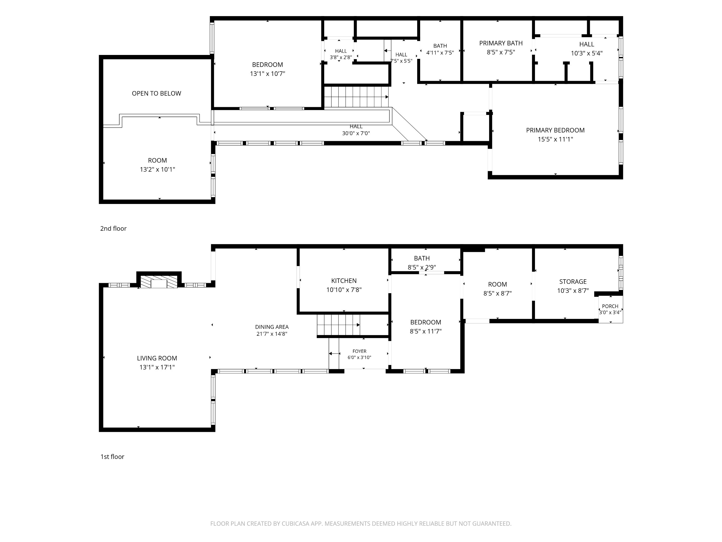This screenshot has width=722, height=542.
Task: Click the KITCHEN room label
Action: [x=344, y=281]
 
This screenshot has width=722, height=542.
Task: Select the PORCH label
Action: [x=610, y=306]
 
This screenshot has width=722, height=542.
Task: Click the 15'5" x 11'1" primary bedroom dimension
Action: [x=555, y=139]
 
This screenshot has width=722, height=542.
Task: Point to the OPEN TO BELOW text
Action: [x=156, y=93]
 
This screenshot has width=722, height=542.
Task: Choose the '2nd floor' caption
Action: [x=113, y=228]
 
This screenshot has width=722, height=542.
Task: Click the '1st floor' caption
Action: [x=112, y=457]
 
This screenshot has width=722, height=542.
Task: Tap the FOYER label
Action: [x=359, y=351]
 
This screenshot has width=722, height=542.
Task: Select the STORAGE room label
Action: [x=573, y=282]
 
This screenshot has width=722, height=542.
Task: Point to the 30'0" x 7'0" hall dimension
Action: [x=356, y=133]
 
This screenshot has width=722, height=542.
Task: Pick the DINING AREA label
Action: [x=272, y=327]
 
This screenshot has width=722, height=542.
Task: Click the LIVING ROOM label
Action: [x=157, y=358]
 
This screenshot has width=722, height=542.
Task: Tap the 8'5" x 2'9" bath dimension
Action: [x=422, y=267]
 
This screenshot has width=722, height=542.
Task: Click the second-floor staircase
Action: [x=356, y=97]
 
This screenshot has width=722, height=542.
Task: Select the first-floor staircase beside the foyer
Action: [x=338, y=325]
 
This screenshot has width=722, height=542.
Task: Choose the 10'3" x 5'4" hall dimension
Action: [x=587, y=53]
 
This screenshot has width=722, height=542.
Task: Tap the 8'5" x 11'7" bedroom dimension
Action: [x=426, y=331]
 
